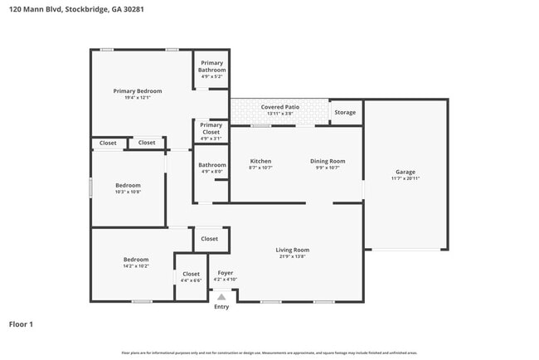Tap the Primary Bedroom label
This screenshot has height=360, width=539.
click(138, 91)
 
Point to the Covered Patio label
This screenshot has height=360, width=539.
click(280, 107)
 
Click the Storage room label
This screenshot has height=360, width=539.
click(345, 112)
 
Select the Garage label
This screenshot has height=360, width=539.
click(405, 171)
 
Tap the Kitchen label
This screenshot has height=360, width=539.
click(261, 161)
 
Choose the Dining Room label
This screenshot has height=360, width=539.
click(328, 161)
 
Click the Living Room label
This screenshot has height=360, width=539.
click(292, 250)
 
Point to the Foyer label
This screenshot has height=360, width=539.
click(226, 272)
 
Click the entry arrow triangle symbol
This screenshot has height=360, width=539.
click(221, 295)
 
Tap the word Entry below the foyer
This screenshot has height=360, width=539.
click(221, 307)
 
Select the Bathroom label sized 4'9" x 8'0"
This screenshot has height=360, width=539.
click(211, 165)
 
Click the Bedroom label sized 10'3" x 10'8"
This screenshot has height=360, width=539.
click(128, 185)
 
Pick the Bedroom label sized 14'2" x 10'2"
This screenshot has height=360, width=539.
click(136, 260)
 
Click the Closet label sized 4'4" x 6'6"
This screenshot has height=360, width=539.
click(191, 274)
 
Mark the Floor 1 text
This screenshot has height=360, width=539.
click(21, 324)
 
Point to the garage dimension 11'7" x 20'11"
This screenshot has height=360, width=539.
click(405, 178)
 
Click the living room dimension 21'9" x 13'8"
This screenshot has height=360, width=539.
click(292, 257)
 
